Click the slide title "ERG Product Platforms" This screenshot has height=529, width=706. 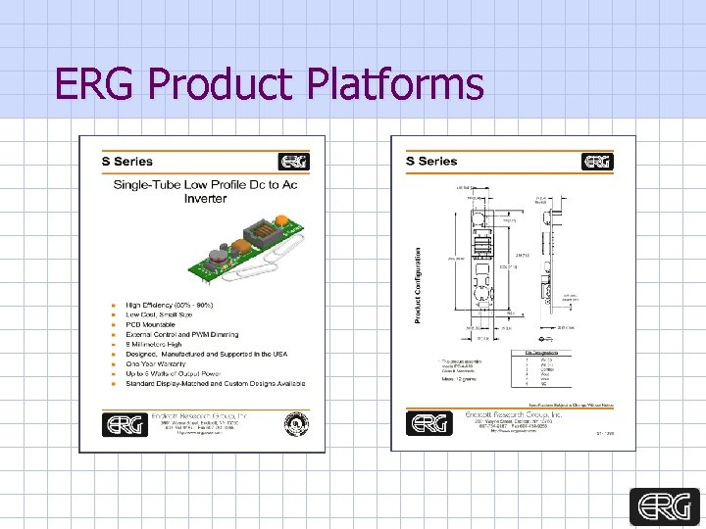(270, 84)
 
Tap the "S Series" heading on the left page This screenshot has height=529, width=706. (127, 162)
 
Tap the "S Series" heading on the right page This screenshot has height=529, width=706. (431, 162)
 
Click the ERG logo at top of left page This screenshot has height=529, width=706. (294, 162)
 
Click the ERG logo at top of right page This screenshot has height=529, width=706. (597, 162)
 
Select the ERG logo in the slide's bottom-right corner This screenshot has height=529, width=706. (666, 507)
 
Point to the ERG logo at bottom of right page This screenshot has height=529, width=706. (428, 423)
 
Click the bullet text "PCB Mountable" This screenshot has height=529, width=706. (151, 324)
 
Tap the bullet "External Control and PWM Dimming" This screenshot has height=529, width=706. (182, 334)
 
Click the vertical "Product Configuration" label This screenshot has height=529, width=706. (418, 284)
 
